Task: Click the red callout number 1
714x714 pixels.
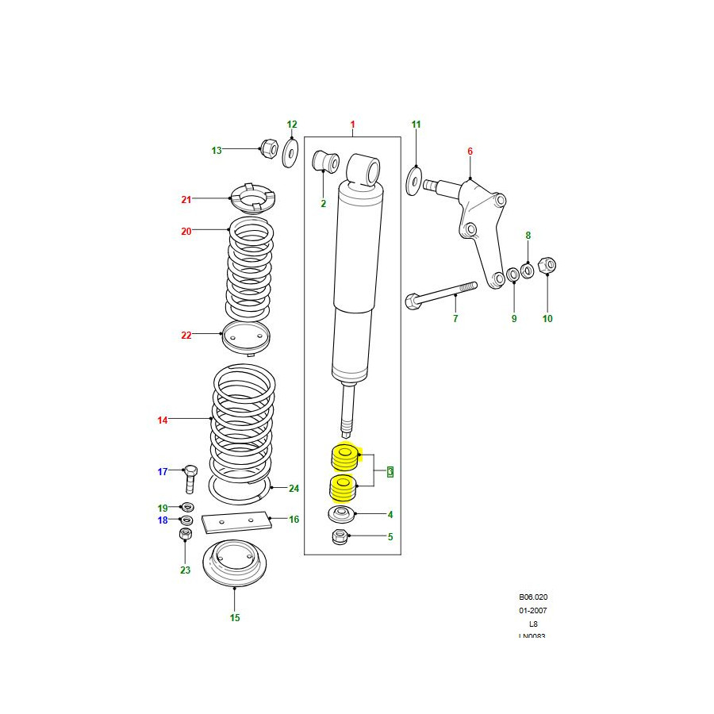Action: tap(353, 125)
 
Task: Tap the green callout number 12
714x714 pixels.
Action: tap(291, 125)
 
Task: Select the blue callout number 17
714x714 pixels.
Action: tap(163, 472)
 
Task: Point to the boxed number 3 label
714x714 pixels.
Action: tap(390, 473)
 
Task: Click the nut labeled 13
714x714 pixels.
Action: tap(267, 148)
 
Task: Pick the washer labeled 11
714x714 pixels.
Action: tap(414, 180)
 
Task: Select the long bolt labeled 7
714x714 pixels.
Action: tap(441, 296)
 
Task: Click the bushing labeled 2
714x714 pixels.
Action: tap(327, 161)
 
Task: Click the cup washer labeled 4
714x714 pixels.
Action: tap(340, 515)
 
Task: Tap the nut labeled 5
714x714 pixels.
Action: tap(340, 537)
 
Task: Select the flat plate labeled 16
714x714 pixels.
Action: tap(236, 522)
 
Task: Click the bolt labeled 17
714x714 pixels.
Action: tap(189, 478)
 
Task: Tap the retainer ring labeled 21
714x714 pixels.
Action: tap(251, 199)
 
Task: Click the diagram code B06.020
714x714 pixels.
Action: tap(533, 597)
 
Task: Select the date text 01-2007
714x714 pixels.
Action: tap(533, 610)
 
